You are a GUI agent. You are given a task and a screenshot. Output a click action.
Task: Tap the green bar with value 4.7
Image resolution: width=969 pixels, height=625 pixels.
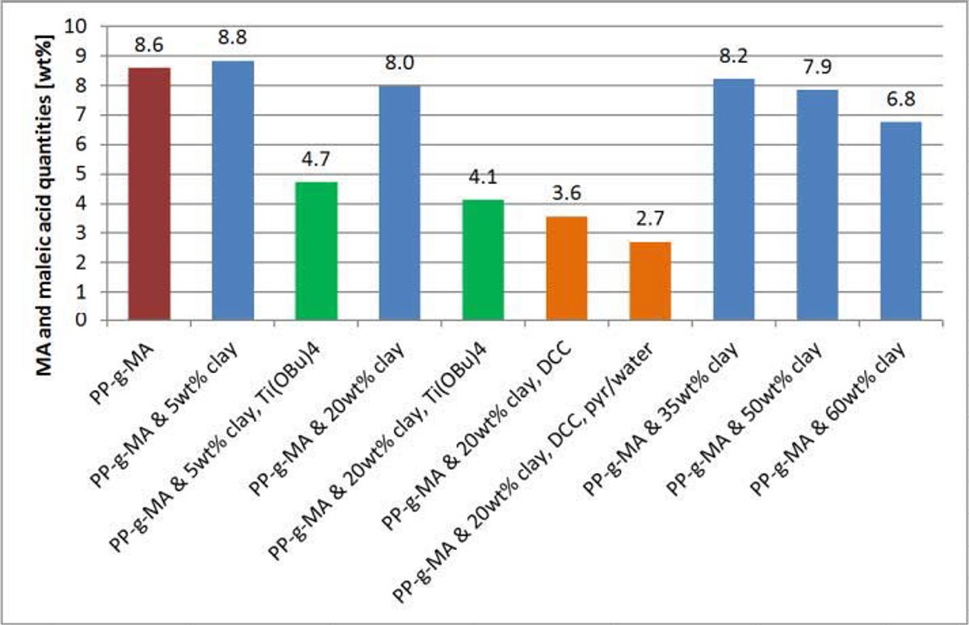(x=316, y=251)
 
